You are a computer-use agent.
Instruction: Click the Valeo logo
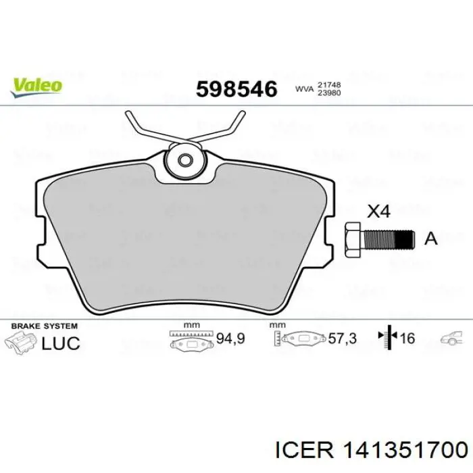tap(36, 88)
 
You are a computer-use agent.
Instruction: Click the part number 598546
tap(236, 89)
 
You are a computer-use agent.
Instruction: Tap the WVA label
tap(304, 89)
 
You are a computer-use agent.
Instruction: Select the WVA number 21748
tap(328, 85)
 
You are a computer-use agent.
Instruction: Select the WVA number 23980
tap(328, 93)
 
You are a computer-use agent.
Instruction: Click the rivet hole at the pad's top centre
tap(185, 160)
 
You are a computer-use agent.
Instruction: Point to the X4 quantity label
tap(378, 211)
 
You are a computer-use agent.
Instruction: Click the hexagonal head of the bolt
tap(353, 240)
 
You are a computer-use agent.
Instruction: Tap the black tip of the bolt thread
tap(404, 239)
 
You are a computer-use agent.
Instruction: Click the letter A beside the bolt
tap(431, 239)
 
